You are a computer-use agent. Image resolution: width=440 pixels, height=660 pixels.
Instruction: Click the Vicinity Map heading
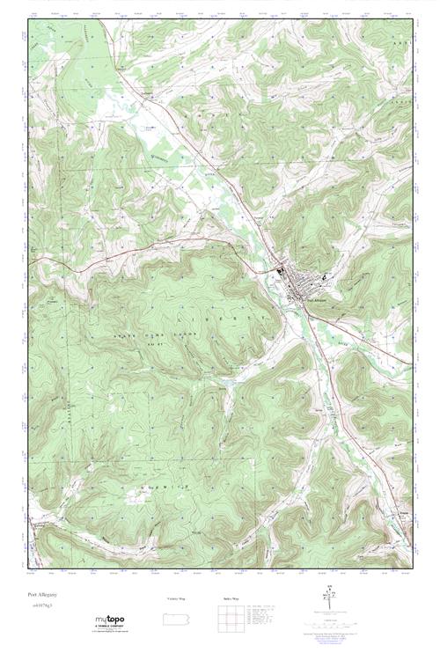[176, 598]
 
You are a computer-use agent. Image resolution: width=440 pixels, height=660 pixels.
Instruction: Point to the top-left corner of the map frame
[28, 18]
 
